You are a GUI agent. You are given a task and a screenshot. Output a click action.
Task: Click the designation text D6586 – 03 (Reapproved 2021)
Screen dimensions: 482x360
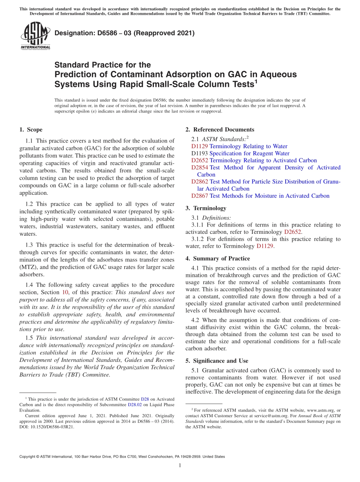pyautogui.click(x=124, y=33)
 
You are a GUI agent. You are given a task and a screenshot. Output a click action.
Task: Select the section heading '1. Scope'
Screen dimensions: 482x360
pyautogui.click(x=31, y=130)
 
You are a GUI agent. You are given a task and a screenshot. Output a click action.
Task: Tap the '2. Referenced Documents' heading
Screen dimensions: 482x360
pyautogui.click(x=220, y=130)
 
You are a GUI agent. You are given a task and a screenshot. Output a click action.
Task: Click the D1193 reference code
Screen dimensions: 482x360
pyautogui.click(x=199, y=153)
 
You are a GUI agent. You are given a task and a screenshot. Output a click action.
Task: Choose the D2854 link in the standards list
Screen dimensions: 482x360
pyautogui.click(x=199, y=167)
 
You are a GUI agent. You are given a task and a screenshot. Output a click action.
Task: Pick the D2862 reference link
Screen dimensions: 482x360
pyautogui.click(x=199, y=182)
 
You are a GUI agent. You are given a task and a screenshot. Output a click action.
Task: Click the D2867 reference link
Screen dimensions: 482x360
pyautogui.click(x=199, y=196)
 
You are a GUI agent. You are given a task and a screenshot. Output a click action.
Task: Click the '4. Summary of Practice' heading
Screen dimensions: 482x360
pyautogui.click(x=218, y=258)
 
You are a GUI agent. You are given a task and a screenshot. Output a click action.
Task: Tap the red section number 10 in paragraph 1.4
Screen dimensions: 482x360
pyautogui.click(x=64, y=292)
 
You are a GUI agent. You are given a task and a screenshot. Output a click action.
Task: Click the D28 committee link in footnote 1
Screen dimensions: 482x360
pyautogui.click(x=145, y=399)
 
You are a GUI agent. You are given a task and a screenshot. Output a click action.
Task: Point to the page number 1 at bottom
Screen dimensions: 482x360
pyautogui.click(x=180, y=466)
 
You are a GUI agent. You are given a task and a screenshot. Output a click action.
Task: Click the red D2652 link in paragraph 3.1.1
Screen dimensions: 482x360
pyautogui.click(x=293, y=232)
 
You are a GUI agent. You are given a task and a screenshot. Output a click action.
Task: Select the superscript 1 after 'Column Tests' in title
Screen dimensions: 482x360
pyautogui.click(x=256, y=81)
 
